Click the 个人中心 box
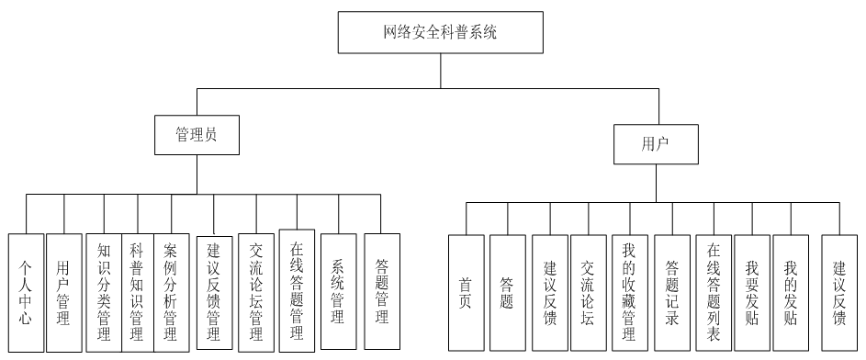pyautogui.click(x=27, y=292)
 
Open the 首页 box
pyautogui.click(x=466, y=292)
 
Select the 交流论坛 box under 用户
pyautogui.click(x=588, y=292)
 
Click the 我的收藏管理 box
pyautogui.click(x=629, y=292)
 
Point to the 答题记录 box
pyautogui.click(x=671, y=292)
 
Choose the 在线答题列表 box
pyautogui.click(x=714, y=292)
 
